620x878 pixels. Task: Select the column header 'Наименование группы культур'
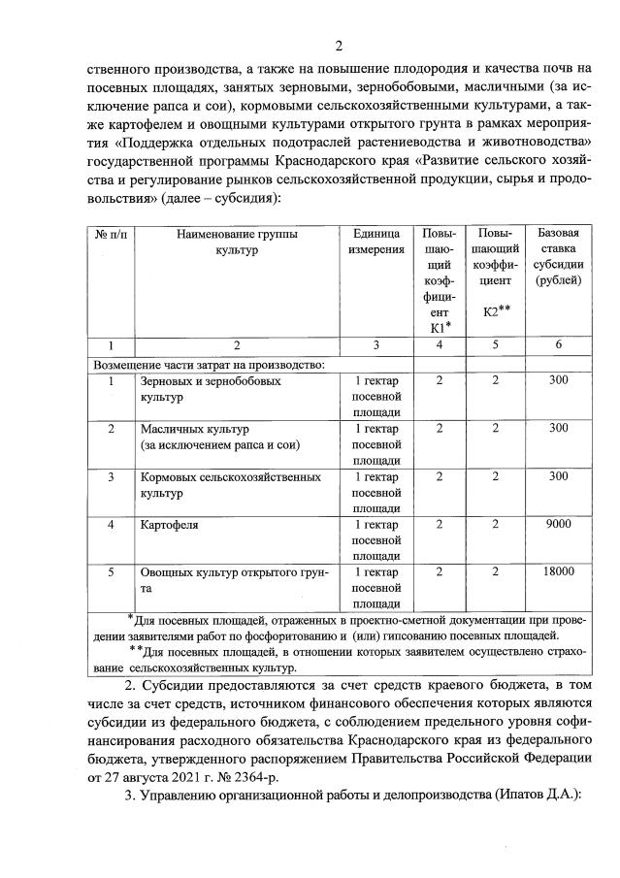pyautogui.click(x=238, y=243)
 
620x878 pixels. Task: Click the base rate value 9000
pyautogui.click(x=558, y=524)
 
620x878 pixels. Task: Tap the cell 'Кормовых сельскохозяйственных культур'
pyautogui.click(x=230, y=484)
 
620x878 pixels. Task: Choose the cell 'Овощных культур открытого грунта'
pyautogui.click(x=234, y=579)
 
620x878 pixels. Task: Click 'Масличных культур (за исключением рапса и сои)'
pyautogui.click(x=220, y=437)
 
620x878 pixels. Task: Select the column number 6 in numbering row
pyautogui.click(x=558, y=345)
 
